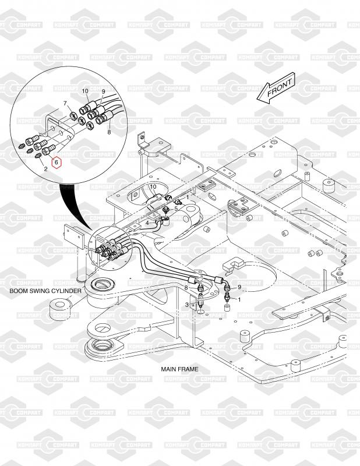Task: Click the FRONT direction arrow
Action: click(x=277, y=88)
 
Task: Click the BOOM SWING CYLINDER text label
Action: click(x=45, y=291)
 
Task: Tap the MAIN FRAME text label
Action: click(x=179, y=369)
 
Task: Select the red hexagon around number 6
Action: click(x=56, y=163)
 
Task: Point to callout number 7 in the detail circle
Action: click(x=65, y=104)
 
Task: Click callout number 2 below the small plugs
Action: click(x=45, y=169)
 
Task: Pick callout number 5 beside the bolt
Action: click(x=176, y=209)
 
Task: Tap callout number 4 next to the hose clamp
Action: click(x=147, y=223)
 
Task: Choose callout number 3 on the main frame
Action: click(x=186, y=305)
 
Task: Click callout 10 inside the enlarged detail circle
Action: click(x=85, y=91)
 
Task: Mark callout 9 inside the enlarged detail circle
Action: click(x=104, y=91)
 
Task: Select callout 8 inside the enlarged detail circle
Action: click(x=109, y=132)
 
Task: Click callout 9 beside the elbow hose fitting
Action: click(x=239, y=287)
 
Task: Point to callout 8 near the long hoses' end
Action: click(x=186, y=288)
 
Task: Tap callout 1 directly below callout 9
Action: click(x=239, y=299)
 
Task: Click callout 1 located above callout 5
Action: click(x=188, y=197)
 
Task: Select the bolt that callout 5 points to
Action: click(x=165, y=210)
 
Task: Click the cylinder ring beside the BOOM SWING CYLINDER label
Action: click(x=61, y=310)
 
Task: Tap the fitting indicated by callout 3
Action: click(x=201, y=303)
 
